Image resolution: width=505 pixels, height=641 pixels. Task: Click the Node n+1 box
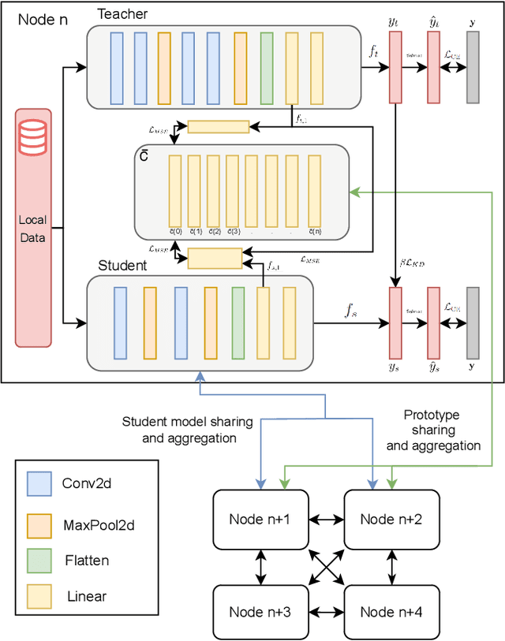pos(260,519)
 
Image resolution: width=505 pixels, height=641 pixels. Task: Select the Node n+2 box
pos(391,519)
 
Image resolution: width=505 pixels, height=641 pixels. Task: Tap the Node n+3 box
pos(260,611)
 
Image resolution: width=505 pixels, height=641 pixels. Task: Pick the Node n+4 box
pos(391,611)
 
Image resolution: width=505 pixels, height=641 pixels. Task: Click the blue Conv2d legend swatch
pos(39,483)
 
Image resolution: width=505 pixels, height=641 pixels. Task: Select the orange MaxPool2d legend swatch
pos(39,523)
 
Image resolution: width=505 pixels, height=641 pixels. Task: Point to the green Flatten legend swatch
pos(39,561)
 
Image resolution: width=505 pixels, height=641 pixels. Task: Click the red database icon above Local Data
pos(33,139)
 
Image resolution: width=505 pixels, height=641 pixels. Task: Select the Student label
pos(122,266)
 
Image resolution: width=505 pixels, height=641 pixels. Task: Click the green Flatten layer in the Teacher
pos(267,69)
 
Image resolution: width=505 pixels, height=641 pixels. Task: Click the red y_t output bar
pos(395,68)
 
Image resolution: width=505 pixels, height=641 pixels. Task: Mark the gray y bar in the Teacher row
pos(473,68)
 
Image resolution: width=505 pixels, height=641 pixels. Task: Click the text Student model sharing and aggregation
pos(179,430)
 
